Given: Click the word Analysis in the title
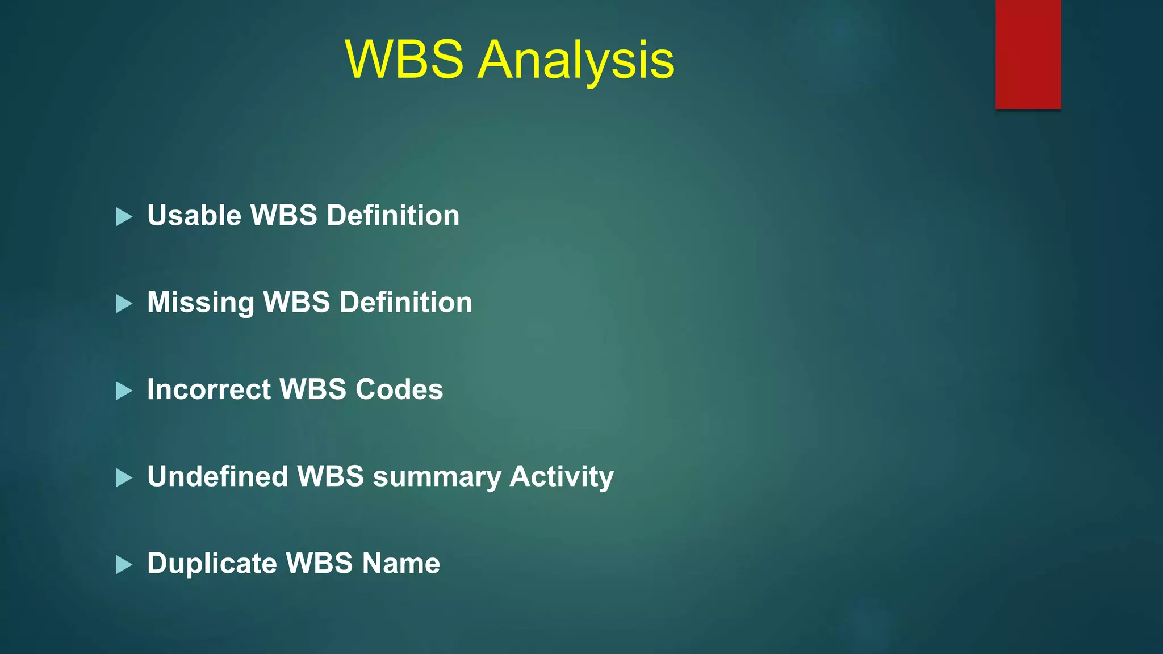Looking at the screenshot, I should (x=576, y=60).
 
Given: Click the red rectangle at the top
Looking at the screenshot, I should (x=1028, y=54).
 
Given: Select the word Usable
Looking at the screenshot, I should (x=194, y=216).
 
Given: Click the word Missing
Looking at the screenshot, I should (x=200, y=303).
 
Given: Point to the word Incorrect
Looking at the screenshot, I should (x=209, y=389).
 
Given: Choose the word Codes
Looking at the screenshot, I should (x=399, y=389).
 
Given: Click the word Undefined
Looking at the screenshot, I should (x=217, y=476).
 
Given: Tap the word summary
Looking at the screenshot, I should (x=437, y=477).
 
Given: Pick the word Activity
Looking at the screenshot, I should (x=562, y=476).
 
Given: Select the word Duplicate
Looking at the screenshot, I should (x=212, y=563).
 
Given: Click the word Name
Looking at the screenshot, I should (x=401, y=563).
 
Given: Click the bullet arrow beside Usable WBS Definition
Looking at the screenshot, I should (x=124, y=216).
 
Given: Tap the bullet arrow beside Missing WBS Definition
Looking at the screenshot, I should (x=124, y=304).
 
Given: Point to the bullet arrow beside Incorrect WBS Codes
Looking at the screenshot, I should (x=124, y=391).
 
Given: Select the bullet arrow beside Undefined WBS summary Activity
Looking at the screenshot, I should (x=124, y=477).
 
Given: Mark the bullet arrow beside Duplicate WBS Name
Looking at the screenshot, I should (x=124, y=564).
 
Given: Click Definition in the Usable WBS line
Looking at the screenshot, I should (x=393, y=216).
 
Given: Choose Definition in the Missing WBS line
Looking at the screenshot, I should (x=405, y=303).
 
